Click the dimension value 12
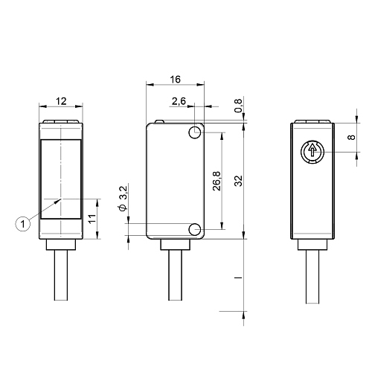(x=61, y=101)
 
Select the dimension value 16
(x=175, y=80)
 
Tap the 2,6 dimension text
(x=179, y=101)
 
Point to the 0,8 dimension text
(x=238, y=106)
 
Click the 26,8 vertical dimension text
(x=217, y=181)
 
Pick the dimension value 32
(x=238, y=181)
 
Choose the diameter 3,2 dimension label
(x=124, y=199)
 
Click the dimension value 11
(x=92, y=219)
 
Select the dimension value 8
(x=352, y=137)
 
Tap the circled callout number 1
(x=23, y=224)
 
